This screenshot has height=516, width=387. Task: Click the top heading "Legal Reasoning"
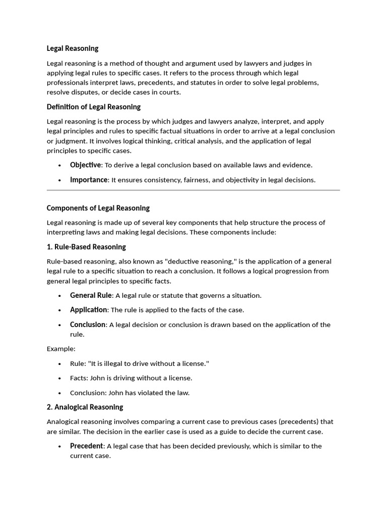(x=73, y=48)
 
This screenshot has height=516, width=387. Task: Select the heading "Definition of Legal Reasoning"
(x=94, y=107)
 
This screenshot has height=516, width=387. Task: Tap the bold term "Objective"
(x=86, y=165)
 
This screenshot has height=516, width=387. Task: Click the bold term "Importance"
(x=89, y=179)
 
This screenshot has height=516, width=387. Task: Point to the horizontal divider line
(x=193, y=190)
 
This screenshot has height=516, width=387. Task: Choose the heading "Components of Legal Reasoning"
(x=98, y=208)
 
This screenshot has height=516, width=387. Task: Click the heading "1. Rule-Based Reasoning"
(x=86, y=247)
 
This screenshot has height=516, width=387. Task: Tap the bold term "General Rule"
(x=91, y=295)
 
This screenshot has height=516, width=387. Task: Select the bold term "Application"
(x=89, y=310)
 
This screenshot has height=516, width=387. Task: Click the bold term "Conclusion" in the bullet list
(x=88, y=325)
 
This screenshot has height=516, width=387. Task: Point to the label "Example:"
(x=61, y=349)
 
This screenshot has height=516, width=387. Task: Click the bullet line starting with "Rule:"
(x=139, y=363)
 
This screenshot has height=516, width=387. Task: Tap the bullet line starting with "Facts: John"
(x=131, y=378)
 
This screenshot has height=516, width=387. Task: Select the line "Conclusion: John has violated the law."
(x=130, y=393)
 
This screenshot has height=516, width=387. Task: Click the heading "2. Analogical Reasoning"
(x=85, y=407)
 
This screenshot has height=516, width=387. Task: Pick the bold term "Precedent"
(x=87, y=446)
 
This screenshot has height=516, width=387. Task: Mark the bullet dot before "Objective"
(x=60, y=165)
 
